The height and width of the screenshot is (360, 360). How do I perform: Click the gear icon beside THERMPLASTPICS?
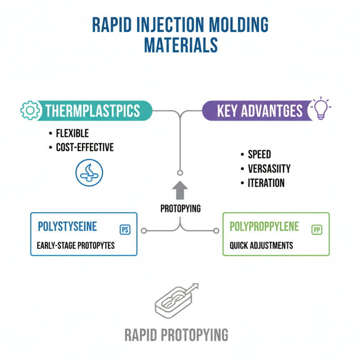pyautogui.click(x=30, y=110)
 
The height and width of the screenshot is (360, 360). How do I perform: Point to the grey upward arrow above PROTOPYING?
pyautogui.click(x=180, y=190)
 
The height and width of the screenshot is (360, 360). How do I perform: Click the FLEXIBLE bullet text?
pyautogui.click(x=72, y=134)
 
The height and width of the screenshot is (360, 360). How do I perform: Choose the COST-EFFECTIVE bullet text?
pyautogui.click(x=85, y=147)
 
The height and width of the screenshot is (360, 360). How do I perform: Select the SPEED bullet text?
pyautogui.click(x=259, y=154)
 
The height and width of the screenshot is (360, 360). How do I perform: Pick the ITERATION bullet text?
pyautogui.click(x=266, y=183)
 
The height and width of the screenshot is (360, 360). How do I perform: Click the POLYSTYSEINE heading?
pyautogui.click(x=67, y=226)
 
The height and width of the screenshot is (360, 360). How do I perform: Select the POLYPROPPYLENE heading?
pyautogui.click(x=265, y=226)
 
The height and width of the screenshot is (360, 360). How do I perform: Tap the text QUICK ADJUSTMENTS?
pyautogui.click(x=261, y=246)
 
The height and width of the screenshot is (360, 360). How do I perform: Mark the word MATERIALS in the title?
pyautogui.click(x=180, y=45)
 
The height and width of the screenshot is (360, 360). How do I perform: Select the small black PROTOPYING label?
pyautogui.click(x=180, y=209)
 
